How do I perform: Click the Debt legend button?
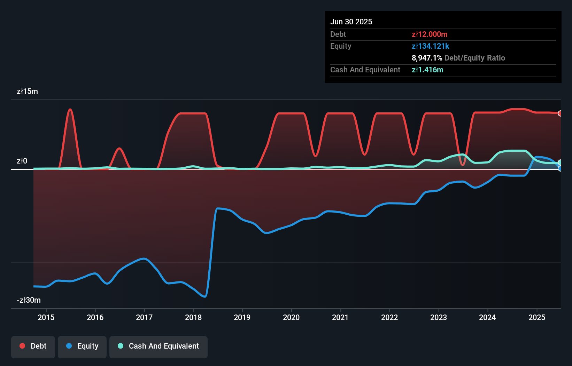coord(33,347)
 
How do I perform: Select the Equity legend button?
coord(82,347)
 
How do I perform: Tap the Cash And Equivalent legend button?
coord(159,347)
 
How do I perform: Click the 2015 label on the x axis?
coord(46,317)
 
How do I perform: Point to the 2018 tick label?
coord(193,317)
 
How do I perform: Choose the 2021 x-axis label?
coord(340,317)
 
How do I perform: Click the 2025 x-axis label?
coord(536,317)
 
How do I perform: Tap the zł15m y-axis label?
coord(27,91)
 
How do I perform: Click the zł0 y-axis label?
coord(22,161)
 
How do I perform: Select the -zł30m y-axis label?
coord(29,300)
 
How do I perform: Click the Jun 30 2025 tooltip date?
coord(351,22)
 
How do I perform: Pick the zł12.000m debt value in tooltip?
coord(429,34)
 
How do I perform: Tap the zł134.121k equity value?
coord(430,46)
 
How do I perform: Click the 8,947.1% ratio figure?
coord(427,58)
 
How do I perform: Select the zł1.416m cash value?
coord(427,70)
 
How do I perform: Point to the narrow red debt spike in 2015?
coord(70,110)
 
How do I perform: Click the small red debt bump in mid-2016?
coord(119,149)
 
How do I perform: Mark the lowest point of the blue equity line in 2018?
coord(205,296)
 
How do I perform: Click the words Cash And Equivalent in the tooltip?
coord(365,70)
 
